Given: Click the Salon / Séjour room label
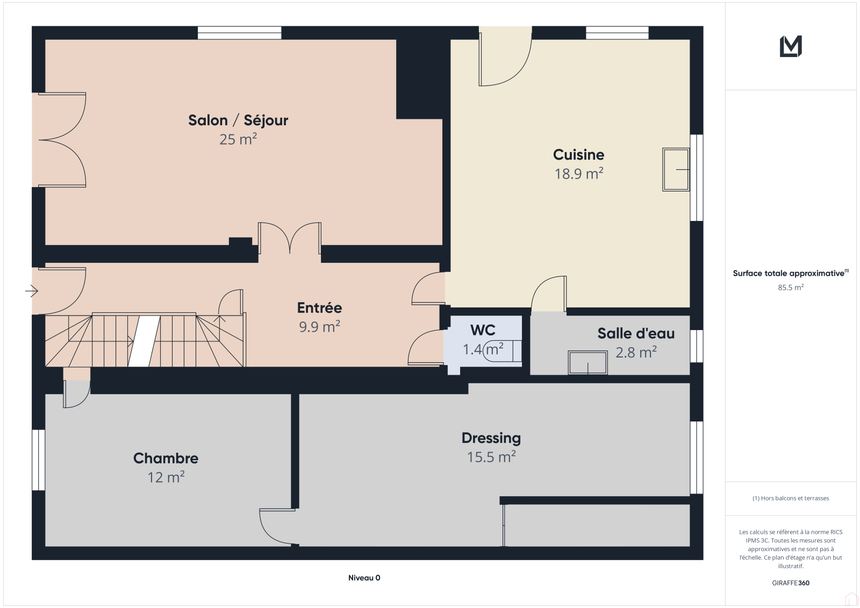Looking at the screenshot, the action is coord(238,120).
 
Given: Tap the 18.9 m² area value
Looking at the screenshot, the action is coord(578,174).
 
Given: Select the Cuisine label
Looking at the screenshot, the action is coord(578,154).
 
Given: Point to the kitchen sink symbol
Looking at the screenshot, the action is coord(676,169).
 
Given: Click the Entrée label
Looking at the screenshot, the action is coord(319,307).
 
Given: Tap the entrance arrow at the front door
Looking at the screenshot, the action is coord(32,291).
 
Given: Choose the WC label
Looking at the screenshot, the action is coord(483,330).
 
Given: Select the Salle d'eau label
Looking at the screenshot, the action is coord(636,333).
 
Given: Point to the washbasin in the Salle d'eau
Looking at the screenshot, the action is coord(588,362).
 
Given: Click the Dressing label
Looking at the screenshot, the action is coord(491,438).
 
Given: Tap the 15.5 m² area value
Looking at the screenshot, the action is coord(491,457).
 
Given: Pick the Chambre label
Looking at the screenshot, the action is coord(166,458).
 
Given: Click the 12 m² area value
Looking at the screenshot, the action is coord(166,477).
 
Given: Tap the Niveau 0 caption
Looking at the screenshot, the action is coord(364,578).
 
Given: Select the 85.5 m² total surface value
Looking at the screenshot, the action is coord(791,287).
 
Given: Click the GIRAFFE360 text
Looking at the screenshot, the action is coord(791,583).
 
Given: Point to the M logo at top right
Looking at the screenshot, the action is coord(791,46).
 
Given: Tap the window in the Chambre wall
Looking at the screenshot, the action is coord(38,460).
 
